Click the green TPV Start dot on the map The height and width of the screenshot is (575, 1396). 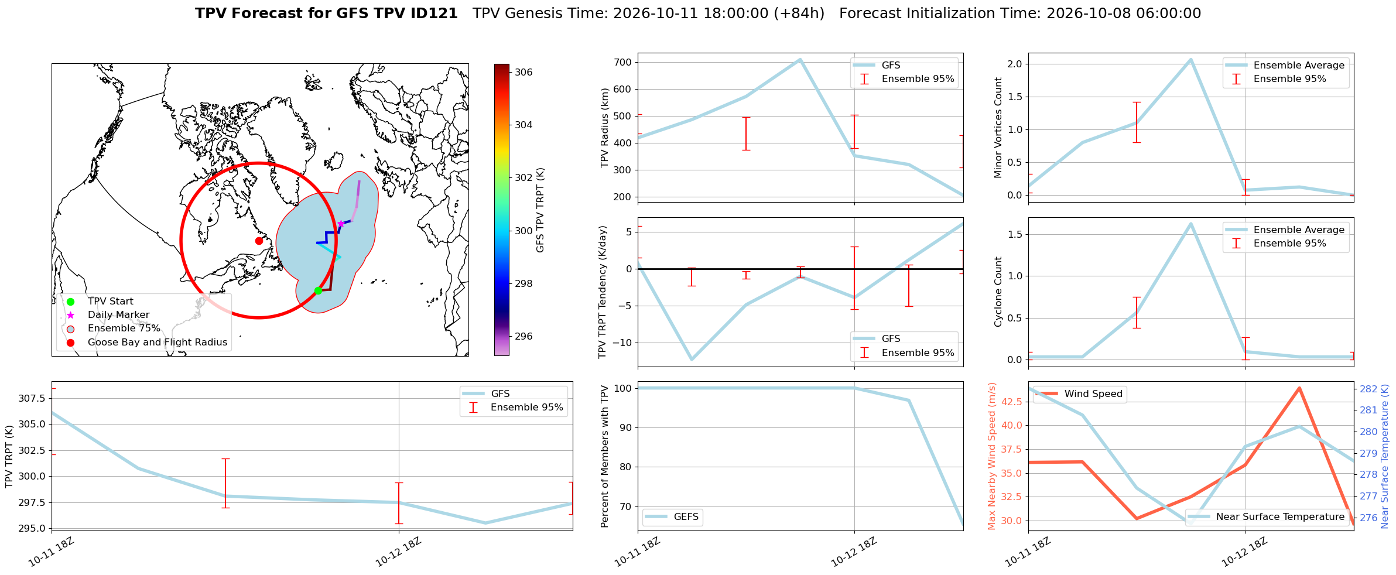(x=318, y=290)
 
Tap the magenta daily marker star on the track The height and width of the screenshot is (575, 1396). (x=341, y=224)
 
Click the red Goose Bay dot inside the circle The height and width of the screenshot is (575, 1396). (x=259, y=241)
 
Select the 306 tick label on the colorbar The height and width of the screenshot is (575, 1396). (x=523, y=72)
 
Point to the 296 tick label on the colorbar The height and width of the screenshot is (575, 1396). (x=523, y=336)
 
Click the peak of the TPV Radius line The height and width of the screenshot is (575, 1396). (x=800, y=59)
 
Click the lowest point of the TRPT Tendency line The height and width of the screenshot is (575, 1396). (x=692, y=360)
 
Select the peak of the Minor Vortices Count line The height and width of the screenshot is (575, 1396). (x=1190, y=59)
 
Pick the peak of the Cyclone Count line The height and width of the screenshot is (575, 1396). (x=1190, y=224)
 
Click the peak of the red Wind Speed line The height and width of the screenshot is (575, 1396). (x=1299, y=388)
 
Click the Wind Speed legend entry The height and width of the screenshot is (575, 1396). (x=1079, y=394)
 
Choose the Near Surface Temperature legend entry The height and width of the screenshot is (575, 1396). (x=1268, y=516)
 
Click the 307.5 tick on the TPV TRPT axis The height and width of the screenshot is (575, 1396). (x=32, y=398)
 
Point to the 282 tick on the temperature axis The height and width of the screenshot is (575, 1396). (x=1368, y=389)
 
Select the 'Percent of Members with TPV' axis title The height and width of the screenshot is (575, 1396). (x=605, y=456)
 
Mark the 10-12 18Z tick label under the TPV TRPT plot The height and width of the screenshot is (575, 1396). (x=398, y=552)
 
